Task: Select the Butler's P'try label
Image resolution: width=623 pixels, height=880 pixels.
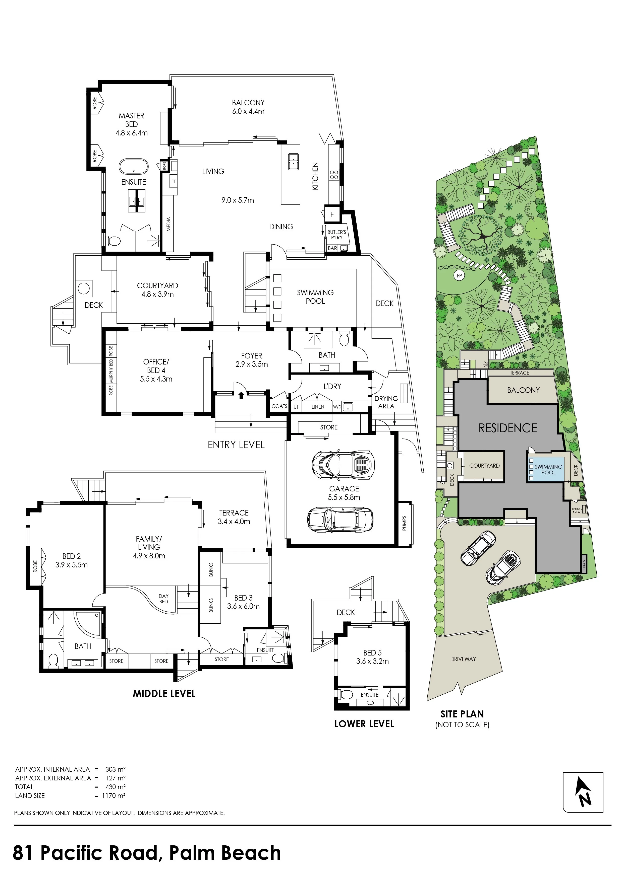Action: [336, 235]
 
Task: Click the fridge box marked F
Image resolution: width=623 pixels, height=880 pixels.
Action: [332, 215]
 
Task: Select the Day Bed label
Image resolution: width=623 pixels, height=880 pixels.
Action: [163, 599]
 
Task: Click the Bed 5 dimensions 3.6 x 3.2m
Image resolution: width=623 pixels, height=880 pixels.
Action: [372, 661]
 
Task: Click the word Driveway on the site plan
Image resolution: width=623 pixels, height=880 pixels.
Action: [463, 659]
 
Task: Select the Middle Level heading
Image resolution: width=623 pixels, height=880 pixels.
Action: [164, 693]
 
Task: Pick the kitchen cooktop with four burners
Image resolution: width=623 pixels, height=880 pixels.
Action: [334, 175]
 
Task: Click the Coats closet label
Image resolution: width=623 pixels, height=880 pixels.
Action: [279, 406]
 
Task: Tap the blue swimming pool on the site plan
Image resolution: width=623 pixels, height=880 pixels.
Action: [546, 470]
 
